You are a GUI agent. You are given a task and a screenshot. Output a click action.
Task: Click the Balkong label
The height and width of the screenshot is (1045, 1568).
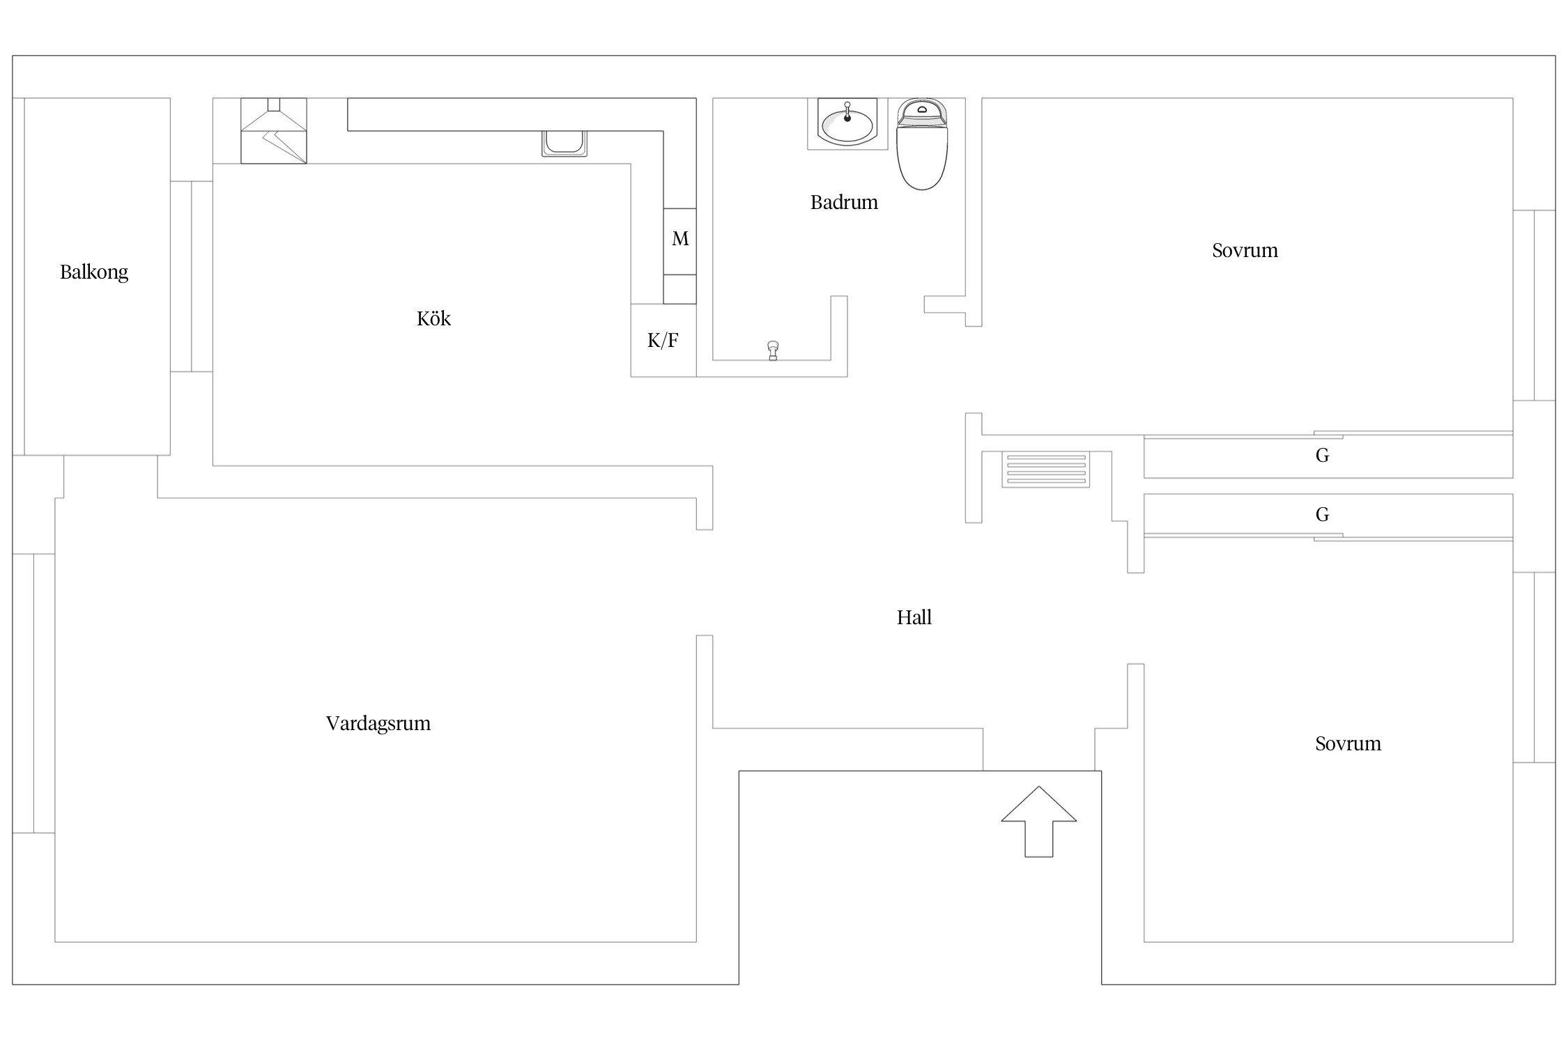tap(94, 272)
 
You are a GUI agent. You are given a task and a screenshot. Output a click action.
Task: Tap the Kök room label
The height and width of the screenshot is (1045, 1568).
tap(433, 318)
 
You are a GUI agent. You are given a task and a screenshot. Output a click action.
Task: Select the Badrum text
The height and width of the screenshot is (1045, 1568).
tap(843, 203)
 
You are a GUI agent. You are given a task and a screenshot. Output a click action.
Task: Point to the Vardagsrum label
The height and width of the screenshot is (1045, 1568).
tap(378, 723)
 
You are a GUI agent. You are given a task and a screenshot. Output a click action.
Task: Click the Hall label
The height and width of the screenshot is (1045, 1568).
tap(914, 617)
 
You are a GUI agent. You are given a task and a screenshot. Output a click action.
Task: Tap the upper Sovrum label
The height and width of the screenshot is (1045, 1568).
tap(1245, 251)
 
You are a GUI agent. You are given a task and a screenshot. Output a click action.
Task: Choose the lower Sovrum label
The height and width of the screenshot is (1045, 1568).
tap(1348, 743)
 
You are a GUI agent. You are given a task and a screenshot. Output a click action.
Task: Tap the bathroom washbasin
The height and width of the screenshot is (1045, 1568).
tap(847, 124)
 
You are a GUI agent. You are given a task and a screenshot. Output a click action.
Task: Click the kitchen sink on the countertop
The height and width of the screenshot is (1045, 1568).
tap(564, 143)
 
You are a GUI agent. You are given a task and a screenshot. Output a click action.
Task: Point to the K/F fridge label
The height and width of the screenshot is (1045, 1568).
tap(663, 341)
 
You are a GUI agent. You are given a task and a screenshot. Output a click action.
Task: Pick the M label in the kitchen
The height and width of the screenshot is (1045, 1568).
tap(680, 239)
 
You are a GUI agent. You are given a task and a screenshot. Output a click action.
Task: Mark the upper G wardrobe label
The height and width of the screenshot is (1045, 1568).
tap(1322, 456)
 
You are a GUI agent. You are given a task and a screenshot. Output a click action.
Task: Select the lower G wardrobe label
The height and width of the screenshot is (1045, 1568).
tap(1322, 515)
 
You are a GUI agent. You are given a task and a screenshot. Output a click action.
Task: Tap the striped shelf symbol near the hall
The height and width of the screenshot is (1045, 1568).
tap(1045, 469)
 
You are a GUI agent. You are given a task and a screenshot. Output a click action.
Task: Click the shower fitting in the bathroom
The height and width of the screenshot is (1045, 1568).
tap(772, 350)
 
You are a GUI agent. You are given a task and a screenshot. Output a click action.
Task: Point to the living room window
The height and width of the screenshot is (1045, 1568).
tap(33, 693)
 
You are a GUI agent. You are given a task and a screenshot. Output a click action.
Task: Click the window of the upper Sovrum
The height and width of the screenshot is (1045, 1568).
tap(1534, 305)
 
